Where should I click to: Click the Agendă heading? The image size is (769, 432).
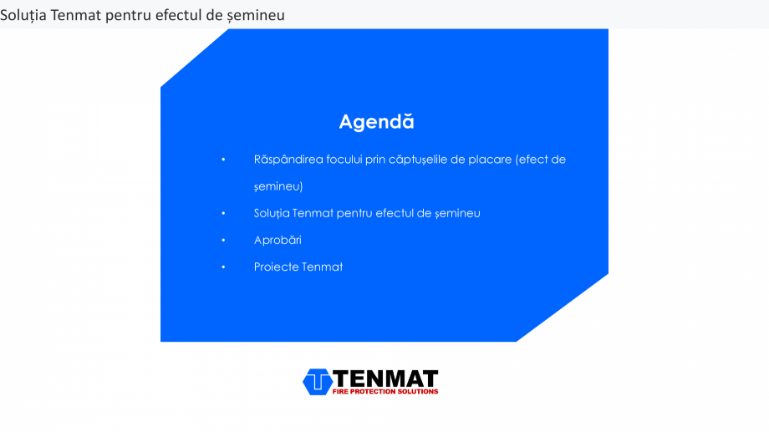coord(376,122)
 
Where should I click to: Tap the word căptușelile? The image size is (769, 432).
coord(418,160)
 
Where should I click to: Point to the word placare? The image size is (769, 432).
coord(490,160)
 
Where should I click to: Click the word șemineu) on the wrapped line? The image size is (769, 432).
coord(278,187)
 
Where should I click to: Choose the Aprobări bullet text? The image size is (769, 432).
coord(278,241)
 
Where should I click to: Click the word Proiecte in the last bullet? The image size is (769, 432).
coord(276,267)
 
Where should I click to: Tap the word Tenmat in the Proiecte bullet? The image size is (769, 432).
coord(322,267)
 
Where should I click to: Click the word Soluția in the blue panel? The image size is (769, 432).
coord(271,214)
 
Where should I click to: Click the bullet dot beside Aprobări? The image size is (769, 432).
coord(223,241)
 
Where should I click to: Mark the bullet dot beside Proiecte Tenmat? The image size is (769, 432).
coord(223,267)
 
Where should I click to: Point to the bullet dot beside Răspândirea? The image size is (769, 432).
coord(223,160)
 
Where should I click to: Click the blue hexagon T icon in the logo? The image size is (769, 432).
coord(318,382)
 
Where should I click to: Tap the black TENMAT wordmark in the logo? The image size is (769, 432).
coord(385,379)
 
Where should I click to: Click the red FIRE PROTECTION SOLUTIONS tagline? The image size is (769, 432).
coord(385,391)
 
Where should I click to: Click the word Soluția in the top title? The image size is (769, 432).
coord(23,15)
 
